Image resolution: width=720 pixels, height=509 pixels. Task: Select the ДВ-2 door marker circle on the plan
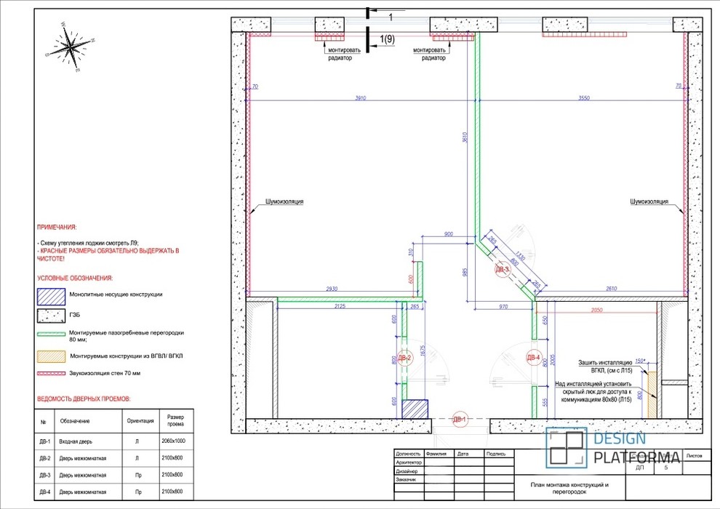406,358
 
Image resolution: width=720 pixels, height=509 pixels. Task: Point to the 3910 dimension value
360,97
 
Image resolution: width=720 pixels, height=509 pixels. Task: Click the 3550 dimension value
583,97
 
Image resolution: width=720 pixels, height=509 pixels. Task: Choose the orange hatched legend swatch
51,356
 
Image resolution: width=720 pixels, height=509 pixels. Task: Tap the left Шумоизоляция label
284,201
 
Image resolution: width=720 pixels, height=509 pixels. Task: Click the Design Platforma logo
615,447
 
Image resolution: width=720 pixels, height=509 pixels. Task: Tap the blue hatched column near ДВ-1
415,408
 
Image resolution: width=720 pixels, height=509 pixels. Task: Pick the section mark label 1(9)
387,39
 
